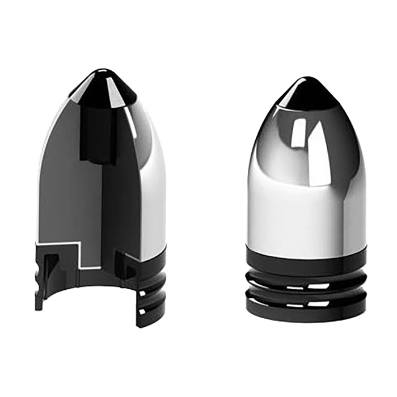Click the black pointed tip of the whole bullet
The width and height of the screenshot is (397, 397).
(306, 91)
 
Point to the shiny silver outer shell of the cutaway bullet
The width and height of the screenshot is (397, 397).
(150, 187)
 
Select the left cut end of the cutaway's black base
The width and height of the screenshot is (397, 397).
(40, 284)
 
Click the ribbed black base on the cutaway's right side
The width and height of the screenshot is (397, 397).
(150, 289)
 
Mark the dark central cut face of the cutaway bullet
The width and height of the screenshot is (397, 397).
(116, 198)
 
